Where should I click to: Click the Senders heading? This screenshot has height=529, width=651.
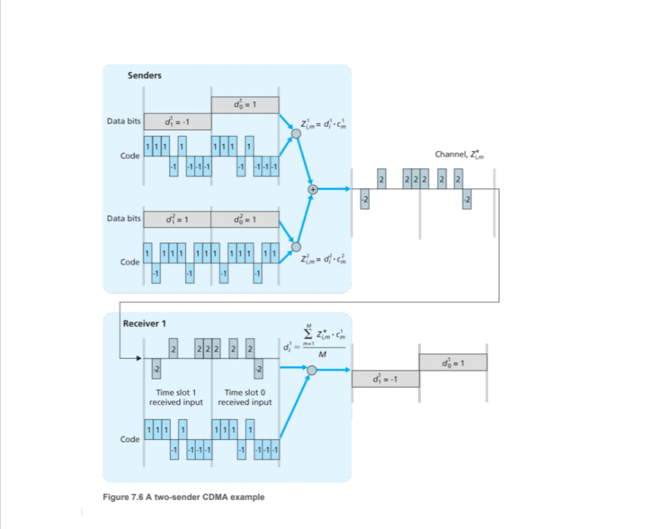click(144, 75)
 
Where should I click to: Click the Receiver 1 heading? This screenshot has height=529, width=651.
click(144, 323)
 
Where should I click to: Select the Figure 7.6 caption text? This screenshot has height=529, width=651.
click(184, 497)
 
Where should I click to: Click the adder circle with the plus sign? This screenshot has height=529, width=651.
click(312, 189)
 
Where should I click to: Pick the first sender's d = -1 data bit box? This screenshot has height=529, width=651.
click(177, 122)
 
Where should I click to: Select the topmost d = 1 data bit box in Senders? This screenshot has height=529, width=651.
click(245, 104)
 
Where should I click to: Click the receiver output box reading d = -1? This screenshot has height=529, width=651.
click(385, 379)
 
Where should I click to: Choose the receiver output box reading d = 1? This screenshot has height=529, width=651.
click(453, 362)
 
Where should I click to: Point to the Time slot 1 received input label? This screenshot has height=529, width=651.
click(176, 397)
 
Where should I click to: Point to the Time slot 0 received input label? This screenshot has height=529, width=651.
click(245, 397)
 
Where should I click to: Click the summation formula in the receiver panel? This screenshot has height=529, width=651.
click(317, 344)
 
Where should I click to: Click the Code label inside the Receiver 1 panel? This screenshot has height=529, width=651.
click(130, 439)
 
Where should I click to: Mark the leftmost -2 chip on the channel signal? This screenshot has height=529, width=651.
click(365, 199)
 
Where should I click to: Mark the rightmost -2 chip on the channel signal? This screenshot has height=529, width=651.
click(467, 199)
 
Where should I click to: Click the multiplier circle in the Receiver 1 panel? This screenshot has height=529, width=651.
click(312, 371)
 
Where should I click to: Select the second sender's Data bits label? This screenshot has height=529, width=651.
click(123, 218)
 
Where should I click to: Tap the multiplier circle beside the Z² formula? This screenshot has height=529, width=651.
click(296, 247)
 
